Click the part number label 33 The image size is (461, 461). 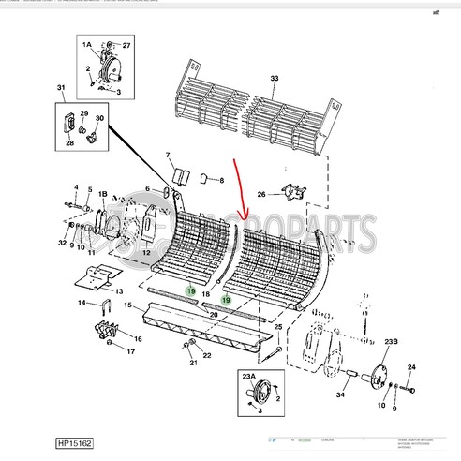click(x=275, y=78)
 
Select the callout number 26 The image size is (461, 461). click(x=263, y=195)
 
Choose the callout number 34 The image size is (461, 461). click(x=339, y=396)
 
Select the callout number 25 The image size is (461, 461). click(x=277, y=326)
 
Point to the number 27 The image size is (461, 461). click(x=127, y=44)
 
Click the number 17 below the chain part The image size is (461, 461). click(x=130, y=352)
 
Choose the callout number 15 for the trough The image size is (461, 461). click(x=121, y=306)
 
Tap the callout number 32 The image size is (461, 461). click(x=62, y=243)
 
